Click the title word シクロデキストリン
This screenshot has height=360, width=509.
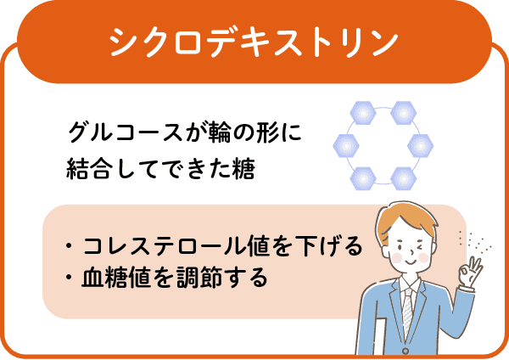[254, 42]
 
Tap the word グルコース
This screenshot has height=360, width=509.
[125, 132]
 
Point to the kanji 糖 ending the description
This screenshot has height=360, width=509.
[243, 169]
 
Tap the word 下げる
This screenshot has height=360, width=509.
[329, 245]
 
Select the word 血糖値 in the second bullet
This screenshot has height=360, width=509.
[115, 278]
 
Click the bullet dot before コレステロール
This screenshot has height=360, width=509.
[69, 245]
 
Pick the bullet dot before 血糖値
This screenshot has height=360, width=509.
[69, 278]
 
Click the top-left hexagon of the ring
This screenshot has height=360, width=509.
[363, 113]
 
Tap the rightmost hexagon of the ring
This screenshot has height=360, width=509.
[420, 145]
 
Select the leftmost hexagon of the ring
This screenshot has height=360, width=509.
[346, 145]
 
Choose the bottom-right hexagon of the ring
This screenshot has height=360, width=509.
[404, 178]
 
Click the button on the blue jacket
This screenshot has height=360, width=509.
[406, 351]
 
